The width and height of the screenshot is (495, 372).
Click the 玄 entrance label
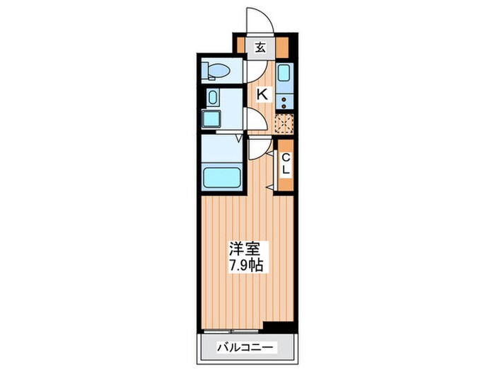tap(260, 48)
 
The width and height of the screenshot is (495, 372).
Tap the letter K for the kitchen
tap(261, 94)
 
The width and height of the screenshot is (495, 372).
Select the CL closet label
tap(286, 165)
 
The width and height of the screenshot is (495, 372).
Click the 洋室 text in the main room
tap(240, 249)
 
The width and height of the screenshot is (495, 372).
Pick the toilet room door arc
tap(255, 71)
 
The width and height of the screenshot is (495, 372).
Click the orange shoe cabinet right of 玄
tap(283, 49)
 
